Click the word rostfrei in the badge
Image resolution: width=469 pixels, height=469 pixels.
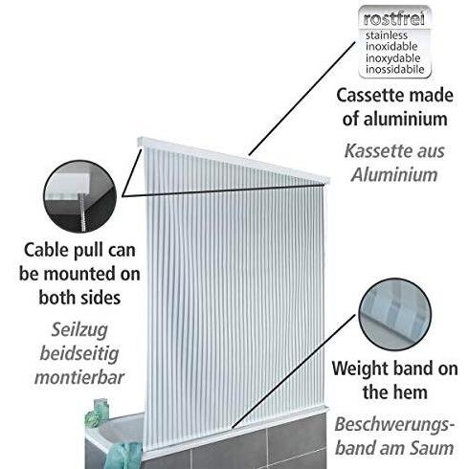point(394,19)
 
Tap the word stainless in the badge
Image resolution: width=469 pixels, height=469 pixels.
point(387,35)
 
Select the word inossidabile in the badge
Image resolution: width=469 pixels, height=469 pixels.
point(395,70)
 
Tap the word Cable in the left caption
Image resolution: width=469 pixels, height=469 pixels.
point(47,250)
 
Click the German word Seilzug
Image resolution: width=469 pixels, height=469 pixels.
point(79,330)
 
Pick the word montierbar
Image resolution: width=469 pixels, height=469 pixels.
point(79,377)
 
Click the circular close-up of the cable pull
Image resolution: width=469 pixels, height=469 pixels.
point(80,196)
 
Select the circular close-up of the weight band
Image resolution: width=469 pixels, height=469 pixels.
point(394,314)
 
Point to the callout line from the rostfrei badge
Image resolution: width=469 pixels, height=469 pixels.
point(302,99)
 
